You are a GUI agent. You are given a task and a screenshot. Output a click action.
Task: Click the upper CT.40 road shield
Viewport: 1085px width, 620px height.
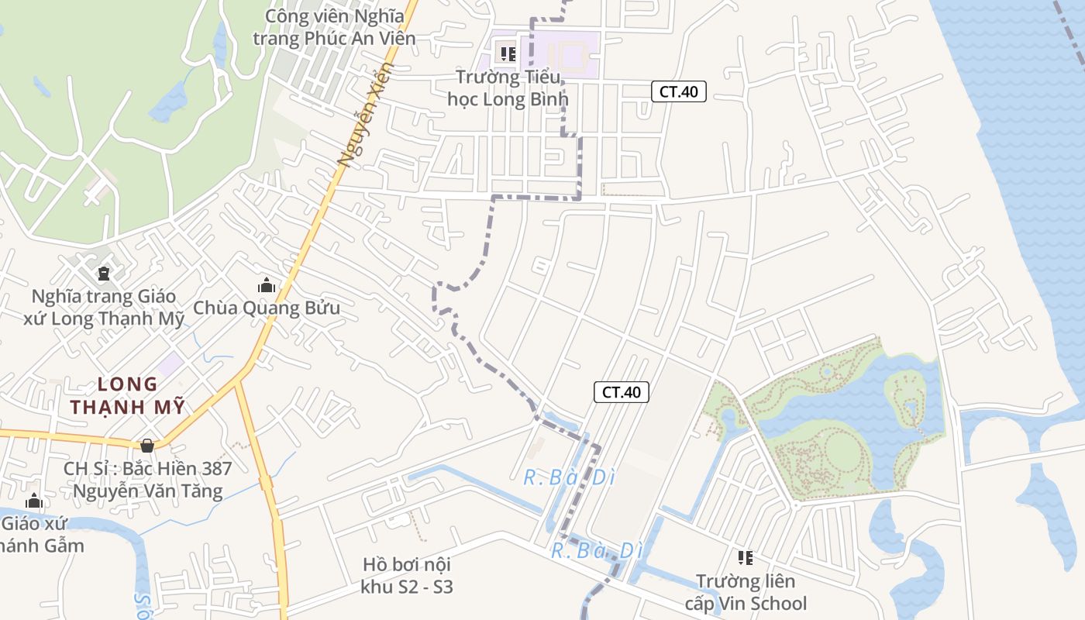tap(678, 91)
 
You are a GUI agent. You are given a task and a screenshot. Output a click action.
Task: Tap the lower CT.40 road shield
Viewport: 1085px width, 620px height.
tap(621, 392)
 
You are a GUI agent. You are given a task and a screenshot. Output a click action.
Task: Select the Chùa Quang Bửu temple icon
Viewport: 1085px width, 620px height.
tap(267, 285)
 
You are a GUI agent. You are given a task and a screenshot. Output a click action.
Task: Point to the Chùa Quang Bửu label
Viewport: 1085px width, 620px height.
tap(267, 308)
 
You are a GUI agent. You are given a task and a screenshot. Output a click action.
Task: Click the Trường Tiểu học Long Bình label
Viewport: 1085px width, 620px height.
tap(508, 88)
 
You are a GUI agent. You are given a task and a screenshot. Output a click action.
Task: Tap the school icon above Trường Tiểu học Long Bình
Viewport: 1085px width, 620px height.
tap(508, 54)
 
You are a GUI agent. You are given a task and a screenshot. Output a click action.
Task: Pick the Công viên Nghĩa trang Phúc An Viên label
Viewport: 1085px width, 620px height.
tap(335, 26)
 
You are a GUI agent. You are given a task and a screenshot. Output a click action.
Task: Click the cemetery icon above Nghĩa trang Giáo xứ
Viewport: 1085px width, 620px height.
tap(104, 274)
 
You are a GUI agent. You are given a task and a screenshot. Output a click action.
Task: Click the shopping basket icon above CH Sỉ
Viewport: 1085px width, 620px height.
tap(147, 445)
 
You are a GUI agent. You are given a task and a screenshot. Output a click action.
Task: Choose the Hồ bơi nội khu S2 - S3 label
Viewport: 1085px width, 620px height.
tap(406, 575)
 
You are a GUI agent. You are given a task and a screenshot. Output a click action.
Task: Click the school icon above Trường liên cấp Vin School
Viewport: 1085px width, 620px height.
tap(746, 557)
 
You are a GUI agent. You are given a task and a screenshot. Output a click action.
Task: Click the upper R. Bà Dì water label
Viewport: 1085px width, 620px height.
tap(570, 477)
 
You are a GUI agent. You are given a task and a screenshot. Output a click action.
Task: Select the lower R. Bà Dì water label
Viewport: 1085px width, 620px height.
tap(598, 551)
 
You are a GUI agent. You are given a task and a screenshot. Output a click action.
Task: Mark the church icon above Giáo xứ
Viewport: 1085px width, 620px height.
tap(33, 501)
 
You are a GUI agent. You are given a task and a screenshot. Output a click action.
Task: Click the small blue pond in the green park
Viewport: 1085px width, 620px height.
tap(169, 102)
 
